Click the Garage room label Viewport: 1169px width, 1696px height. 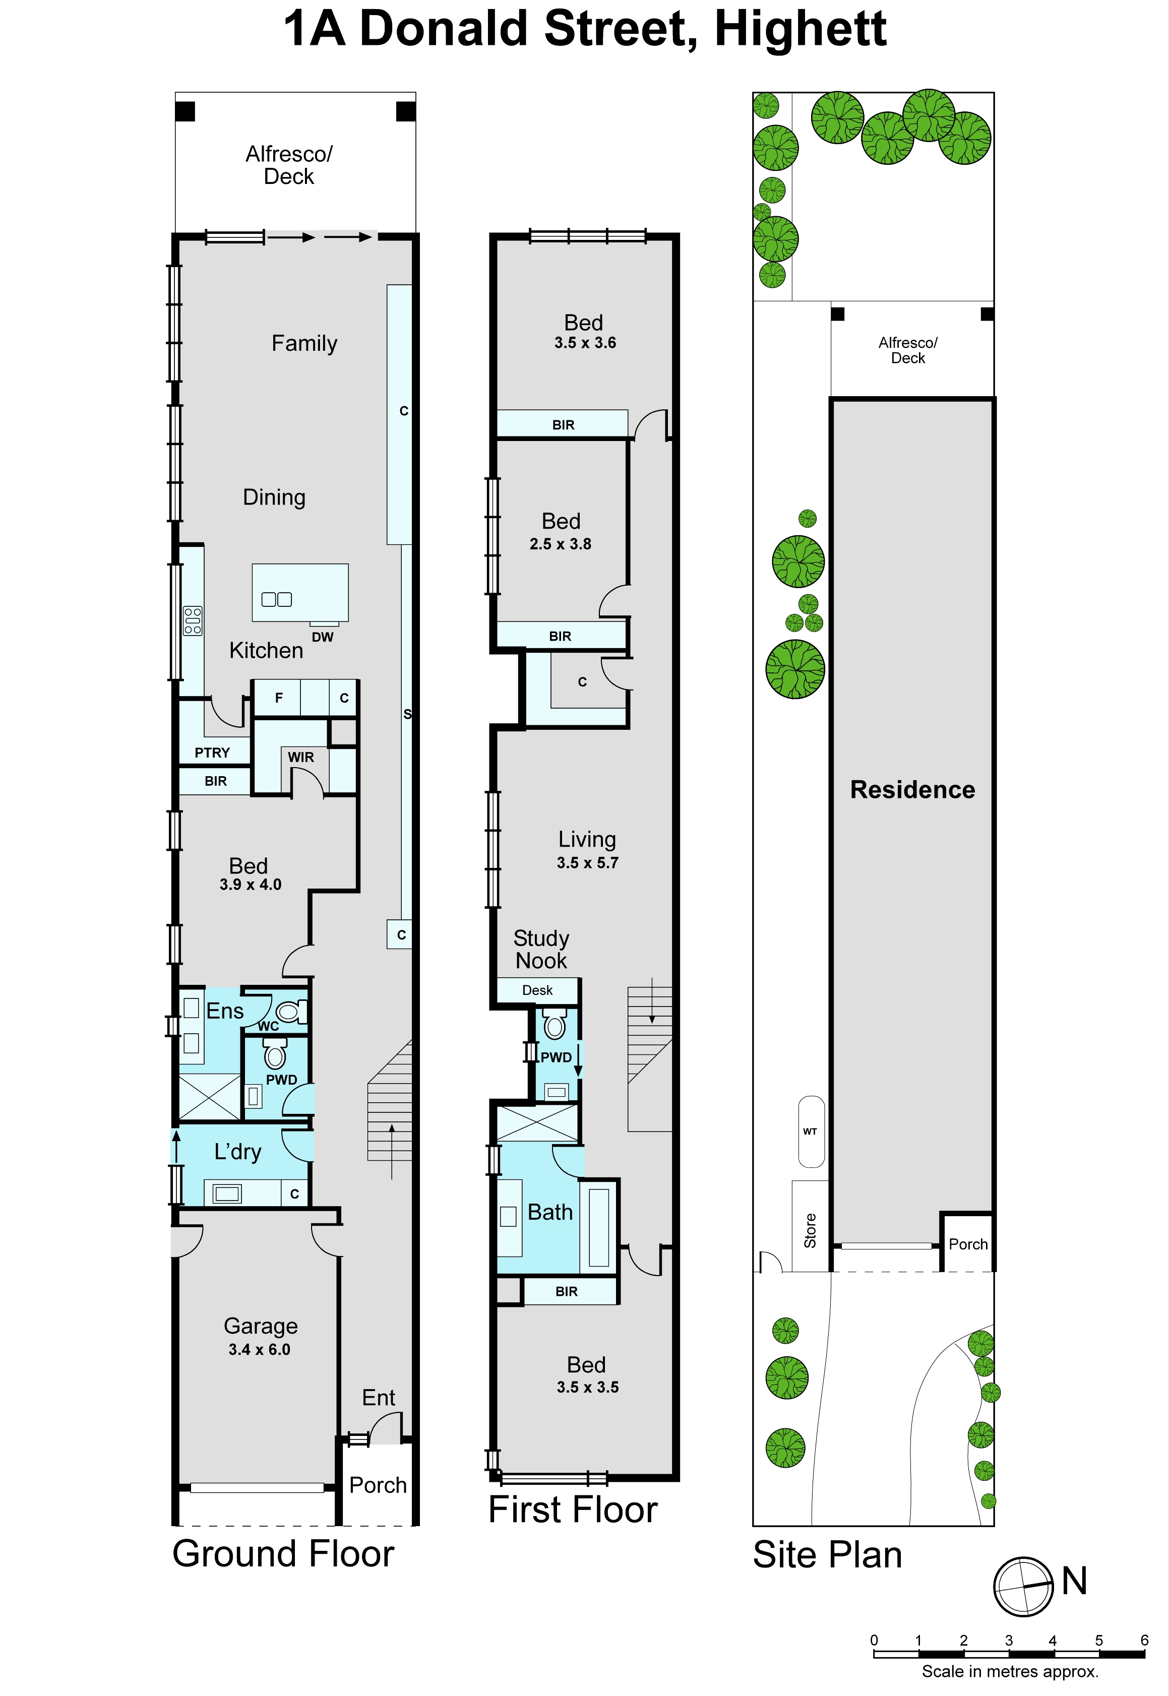[x=261, y=1326]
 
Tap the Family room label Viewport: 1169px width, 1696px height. [x=304, y=343]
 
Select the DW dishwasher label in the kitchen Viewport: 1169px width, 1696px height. [x=322, y=637]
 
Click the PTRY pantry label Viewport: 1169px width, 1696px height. [x=212, y=753]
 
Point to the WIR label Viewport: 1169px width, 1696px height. [x=301, y=757]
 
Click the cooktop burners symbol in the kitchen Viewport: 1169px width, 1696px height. [x=193, y=621]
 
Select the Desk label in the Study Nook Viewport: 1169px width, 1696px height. [x=538, y=990]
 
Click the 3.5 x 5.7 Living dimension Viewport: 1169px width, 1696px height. [x=587, y=863]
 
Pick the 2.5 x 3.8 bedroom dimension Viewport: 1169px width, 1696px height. [x=561, y=544]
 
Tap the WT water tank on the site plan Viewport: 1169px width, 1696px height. [x=811, y=1132]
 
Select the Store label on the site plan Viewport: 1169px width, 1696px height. [x=810, y=1230]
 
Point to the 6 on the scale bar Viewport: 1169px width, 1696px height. [x=1144, y=1641]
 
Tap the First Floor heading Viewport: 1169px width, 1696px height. [x=573, y=1510]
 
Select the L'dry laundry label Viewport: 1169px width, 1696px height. [x=237, y=1152]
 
